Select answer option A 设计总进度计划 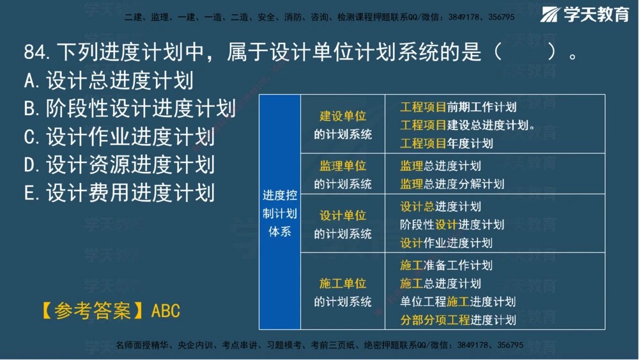point(108,81)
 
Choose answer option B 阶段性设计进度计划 point(129,109)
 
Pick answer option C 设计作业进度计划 point(119,137)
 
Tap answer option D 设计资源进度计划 point(119,165)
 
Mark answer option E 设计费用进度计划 point(119,192)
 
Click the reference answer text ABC point(166,311)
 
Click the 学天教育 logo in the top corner point(585,14)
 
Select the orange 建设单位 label point(343,116)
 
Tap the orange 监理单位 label point(343,166)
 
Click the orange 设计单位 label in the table point(343,215)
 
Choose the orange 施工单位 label point(343,283)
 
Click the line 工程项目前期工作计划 point(458,107)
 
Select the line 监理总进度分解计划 point(452,184)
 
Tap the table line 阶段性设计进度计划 point(452,224)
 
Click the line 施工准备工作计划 point(446,265)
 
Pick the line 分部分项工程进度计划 point(458,320)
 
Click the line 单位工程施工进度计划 point(458,301)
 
